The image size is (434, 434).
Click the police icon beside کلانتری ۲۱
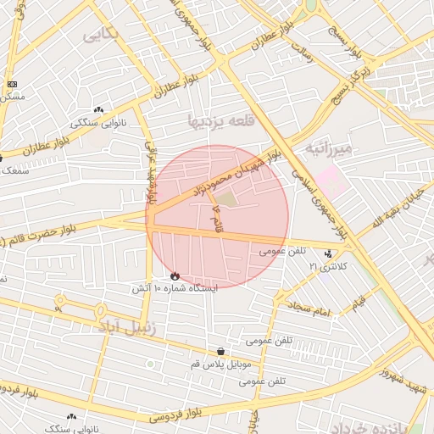[x=328, y=253]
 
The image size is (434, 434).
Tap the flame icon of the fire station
[x=175, y=275]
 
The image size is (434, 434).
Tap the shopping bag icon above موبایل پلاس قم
[x=220, y=351]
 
